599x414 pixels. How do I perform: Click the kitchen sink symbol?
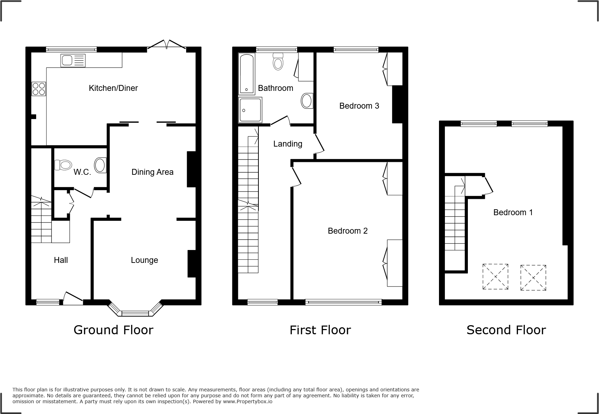73,61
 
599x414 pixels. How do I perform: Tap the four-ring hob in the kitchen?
39,88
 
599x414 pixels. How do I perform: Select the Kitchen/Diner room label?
113,88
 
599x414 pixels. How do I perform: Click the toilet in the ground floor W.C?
63,165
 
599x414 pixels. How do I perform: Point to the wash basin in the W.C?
101,165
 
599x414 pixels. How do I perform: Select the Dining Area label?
152,172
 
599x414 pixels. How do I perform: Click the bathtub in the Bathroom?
247,74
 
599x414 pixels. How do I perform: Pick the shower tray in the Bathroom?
250,110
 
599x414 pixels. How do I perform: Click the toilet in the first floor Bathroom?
278,62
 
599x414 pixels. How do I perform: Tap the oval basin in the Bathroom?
306,101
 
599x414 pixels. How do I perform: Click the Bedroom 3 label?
359,106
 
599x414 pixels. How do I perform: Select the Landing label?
288,144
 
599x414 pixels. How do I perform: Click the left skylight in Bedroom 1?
495,277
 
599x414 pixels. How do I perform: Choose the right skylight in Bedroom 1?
533,278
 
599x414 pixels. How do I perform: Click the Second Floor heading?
506,330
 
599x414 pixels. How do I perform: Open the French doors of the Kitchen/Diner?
167,45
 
